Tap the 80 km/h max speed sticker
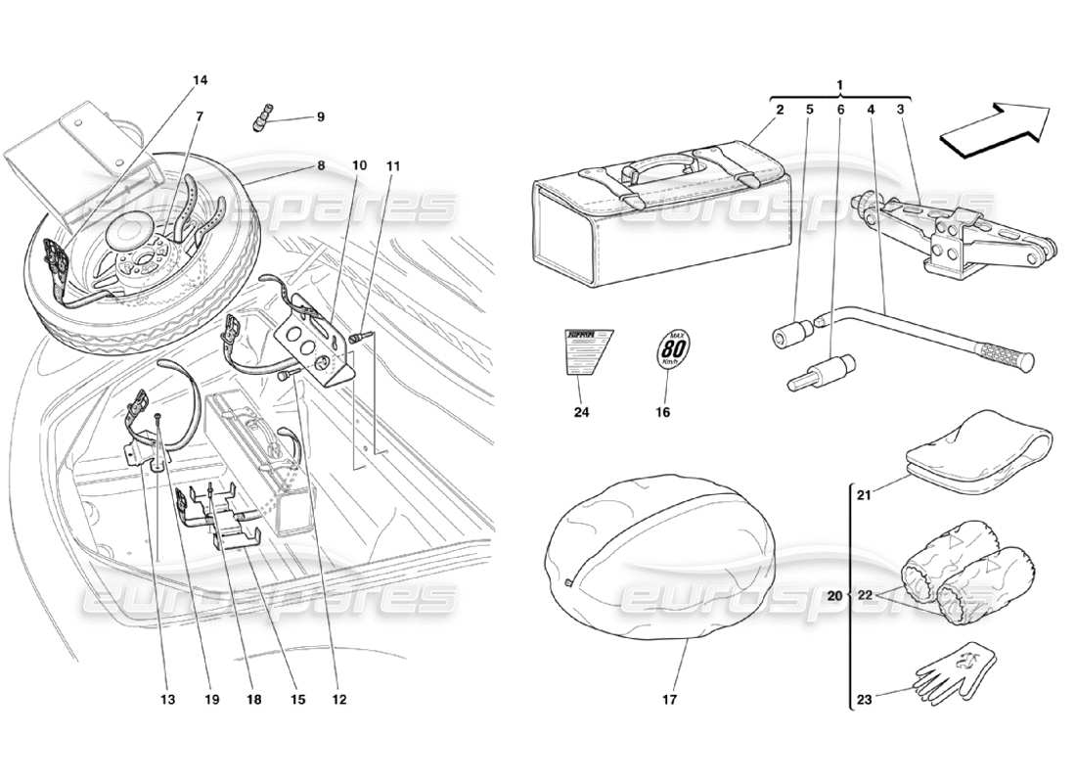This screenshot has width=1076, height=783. (x=669, y=349)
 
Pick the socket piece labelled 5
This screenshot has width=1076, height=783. (x=792, y=335)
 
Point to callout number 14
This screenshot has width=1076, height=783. (x=201, y=79)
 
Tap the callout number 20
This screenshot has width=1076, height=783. (x=834, y=595)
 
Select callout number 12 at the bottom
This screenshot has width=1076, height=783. (x=338, y=699)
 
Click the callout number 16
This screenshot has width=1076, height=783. (x=662, y=412)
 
